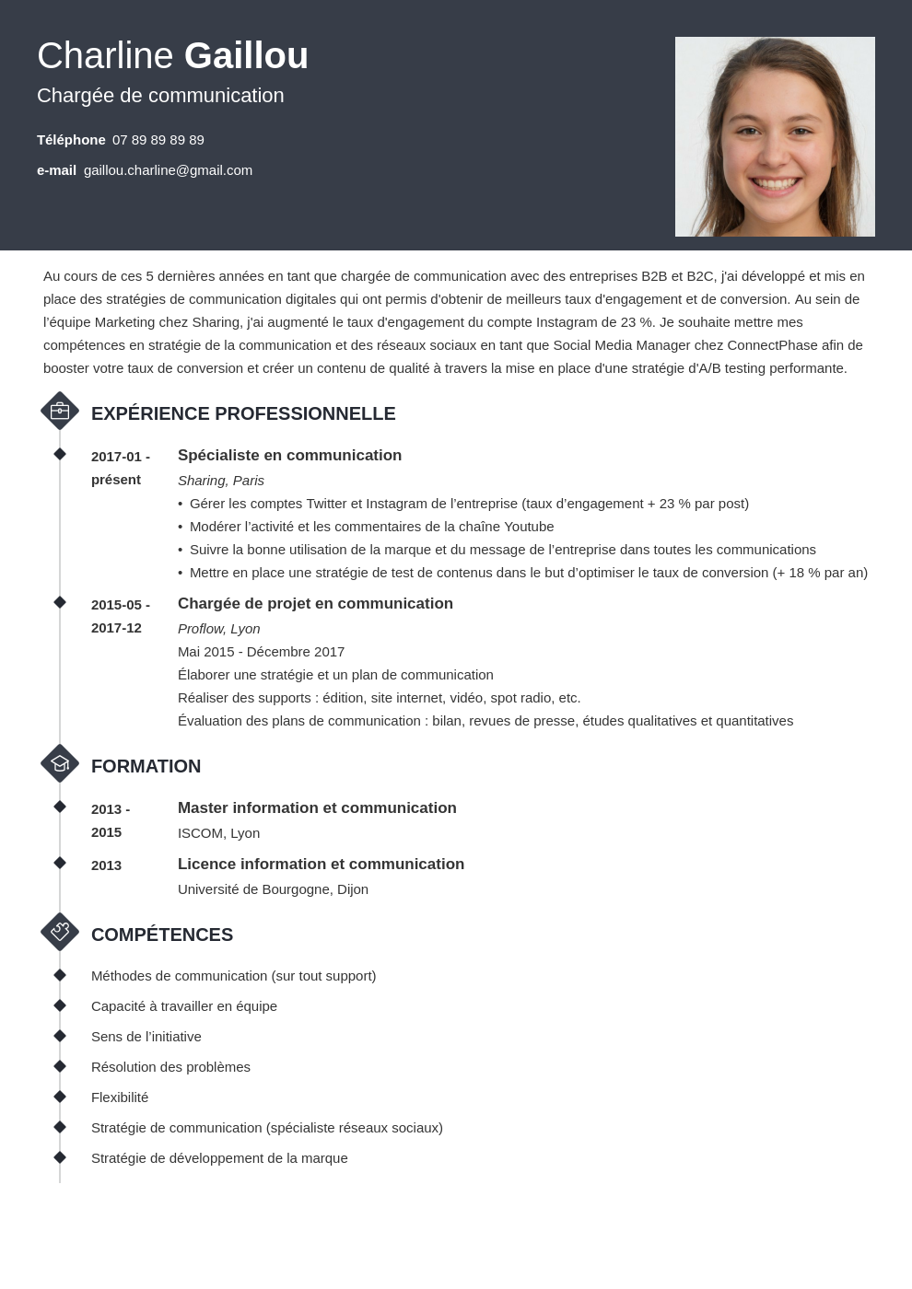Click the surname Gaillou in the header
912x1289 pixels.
pos(246,56)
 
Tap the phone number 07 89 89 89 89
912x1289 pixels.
pos(158,140)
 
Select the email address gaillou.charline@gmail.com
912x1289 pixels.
pos(168,170)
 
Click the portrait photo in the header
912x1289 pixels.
pos(775,136)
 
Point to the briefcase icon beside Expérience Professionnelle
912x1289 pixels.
pos(60,411)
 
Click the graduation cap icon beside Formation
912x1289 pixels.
pos(60,763)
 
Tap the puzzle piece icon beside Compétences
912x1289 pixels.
pos(60,932)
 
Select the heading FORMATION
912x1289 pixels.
pos(146,766)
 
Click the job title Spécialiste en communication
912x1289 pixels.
pos(289,455)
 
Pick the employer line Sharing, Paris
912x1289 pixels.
pos(221,481)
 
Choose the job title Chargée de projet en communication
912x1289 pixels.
pos(315,603)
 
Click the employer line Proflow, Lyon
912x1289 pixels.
pos(219,629)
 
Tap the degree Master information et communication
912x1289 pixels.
pos(317,807)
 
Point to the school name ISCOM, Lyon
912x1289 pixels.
pos(218,833)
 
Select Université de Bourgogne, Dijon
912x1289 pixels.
pos(273,889)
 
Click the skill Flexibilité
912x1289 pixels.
pos(120,1097)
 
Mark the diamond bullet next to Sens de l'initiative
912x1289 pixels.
pos(60,1036)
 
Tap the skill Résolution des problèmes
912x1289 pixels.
pos(170,1067)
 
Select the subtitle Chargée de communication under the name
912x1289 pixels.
pos(160,96)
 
